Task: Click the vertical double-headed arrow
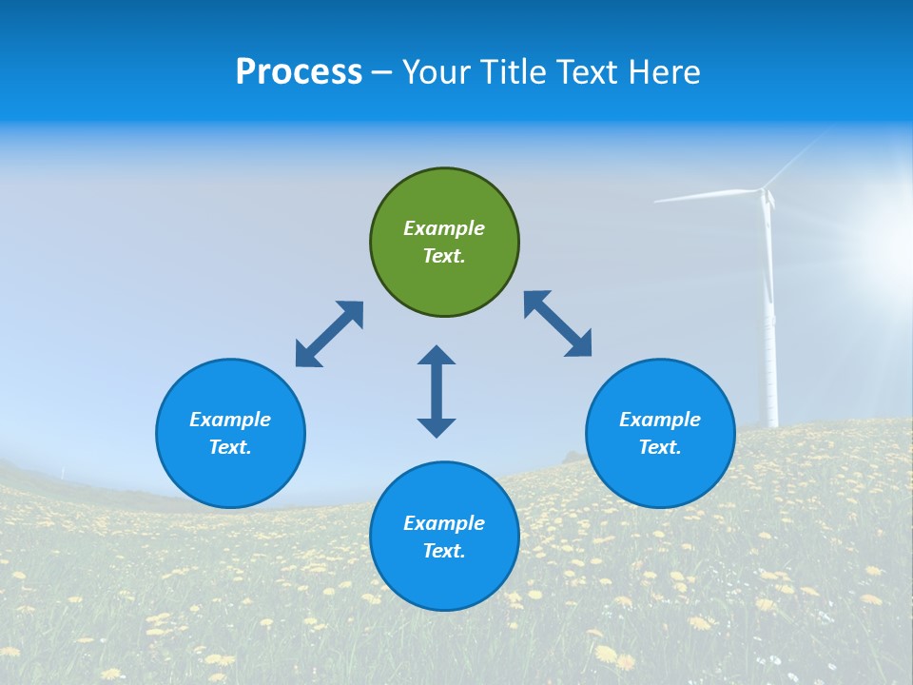[x=437, y=391]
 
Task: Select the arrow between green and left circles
[x=329, y=334]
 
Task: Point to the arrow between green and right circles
[x=558, y=323]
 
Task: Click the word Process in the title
[x=299, y=72]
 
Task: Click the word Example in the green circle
[x=444, y=228]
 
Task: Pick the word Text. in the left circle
[x=230, y=447]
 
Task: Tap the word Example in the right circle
[x=660, y=420]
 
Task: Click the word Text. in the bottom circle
[x=444, y=551]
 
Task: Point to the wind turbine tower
[x=769, y=323]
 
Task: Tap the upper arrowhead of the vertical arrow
[x=437, y=356]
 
